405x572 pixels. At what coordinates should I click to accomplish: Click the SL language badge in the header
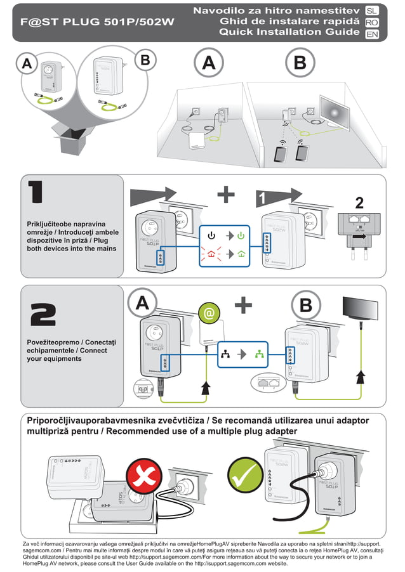(373, 11)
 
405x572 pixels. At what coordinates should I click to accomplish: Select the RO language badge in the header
(373, 22)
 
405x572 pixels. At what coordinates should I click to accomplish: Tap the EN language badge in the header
(373, 34)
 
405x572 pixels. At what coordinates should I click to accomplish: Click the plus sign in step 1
(225, 194)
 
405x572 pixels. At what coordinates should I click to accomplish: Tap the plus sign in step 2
(242, 306)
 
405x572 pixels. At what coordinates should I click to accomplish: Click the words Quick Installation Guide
(289, 33)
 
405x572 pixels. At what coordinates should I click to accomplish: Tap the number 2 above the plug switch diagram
(359, 203)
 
